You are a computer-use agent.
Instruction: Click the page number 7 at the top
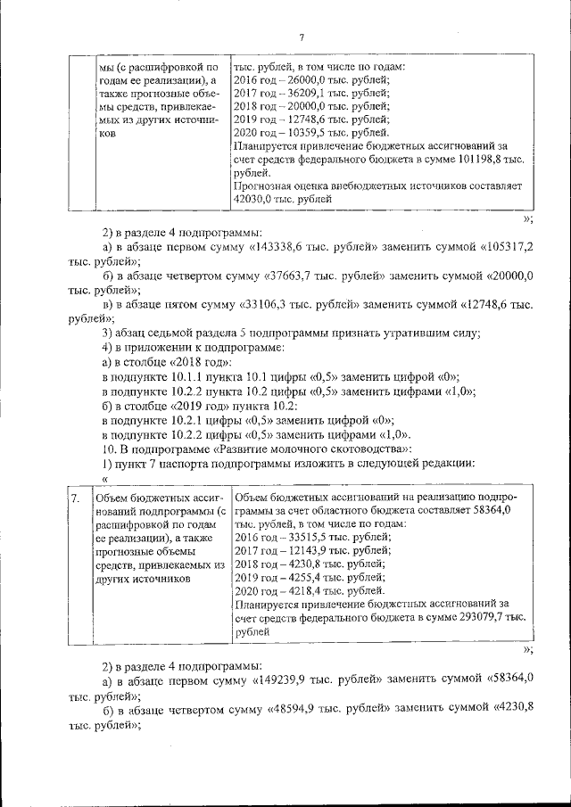click(302, 37)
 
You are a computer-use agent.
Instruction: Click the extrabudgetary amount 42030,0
click(254, 200)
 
